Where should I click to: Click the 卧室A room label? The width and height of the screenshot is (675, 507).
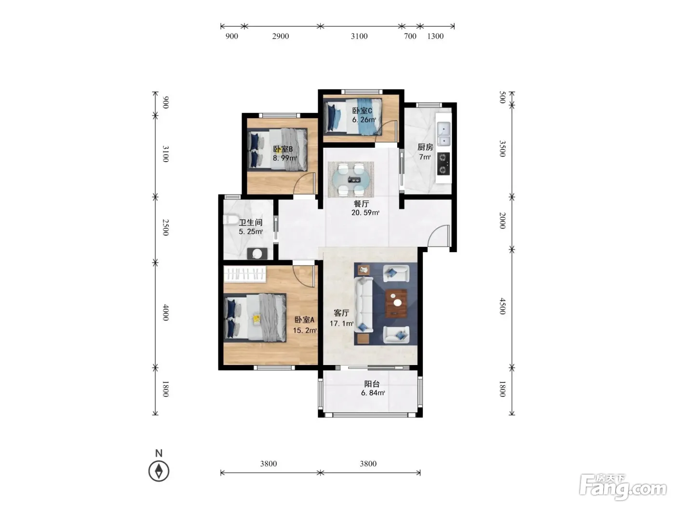pos(304,320)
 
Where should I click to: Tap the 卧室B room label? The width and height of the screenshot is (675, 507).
pos(283,149)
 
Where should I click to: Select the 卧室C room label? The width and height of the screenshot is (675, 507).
pos(362,111)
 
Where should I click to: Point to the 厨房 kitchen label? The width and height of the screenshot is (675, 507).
pos(425,147)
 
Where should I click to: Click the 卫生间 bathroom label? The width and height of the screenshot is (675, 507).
pos(251,222)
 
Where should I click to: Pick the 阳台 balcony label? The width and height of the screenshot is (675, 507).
pos(372,384)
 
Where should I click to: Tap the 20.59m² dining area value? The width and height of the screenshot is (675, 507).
pos(365,212)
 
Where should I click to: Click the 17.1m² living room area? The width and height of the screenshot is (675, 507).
pos(341,324)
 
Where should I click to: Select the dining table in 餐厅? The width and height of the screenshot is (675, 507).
pos(351,179)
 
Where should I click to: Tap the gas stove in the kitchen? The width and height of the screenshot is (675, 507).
pos(443,164)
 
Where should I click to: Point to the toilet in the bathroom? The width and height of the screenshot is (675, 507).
pos(229,220)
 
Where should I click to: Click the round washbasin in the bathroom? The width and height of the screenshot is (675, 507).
pos(257,253)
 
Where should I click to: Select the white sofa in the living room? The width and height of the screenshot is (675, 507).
pos(364,305)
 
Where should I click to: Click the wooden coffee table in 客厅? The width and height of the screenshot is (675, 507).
pos(396,303)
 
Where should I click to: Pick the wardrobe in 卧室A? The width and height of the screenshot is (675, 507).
pos(245,274)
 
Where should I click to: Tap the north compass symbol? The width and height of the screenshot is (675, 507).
pos(159,471)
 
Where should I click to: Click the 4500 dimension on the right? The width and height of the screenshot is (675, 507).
pos(502,306)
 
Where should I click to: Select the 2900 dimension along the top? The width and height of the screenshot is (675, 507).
pos(281,36)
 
